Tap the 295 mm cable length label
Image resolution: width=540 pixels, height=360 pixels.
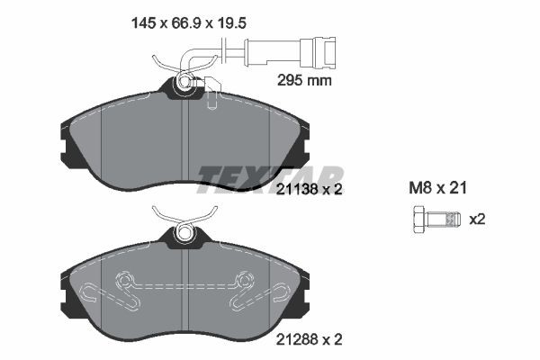303,80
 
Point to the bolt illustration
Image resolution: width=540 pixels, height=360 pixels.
436,219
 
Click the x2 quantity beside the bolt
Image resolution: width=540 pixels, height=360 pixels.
477,220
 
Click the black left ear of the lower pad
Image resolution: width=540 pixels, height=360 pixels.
66,292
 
